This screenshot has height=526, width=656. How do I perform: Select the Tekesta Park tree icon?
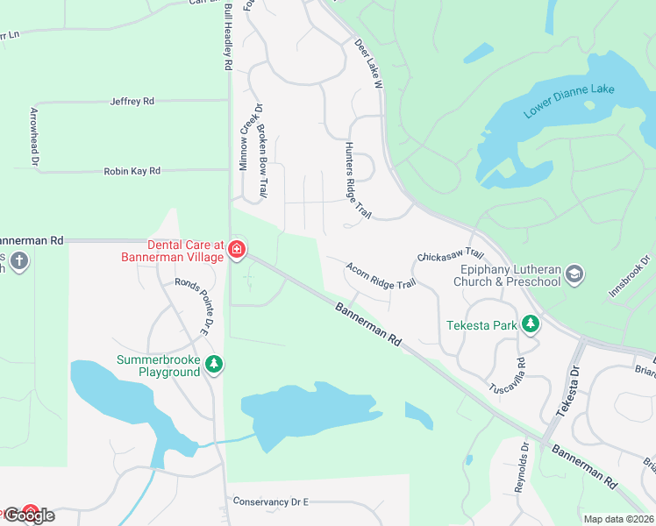(x=530, y=324)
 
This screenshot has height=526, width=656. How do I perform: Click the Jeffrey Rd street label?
(x=132, y=102)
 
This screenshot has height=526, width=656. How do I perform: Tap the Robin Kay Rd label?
(x=132, y=172)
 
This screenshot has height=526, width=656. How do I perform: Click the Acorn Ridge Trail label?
(x=380, y=275)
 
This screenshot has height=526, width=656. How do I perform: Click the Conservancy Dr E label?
(x=271, y=501)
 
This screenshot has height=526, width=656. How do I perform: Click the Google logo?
(x=29, y=515)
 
